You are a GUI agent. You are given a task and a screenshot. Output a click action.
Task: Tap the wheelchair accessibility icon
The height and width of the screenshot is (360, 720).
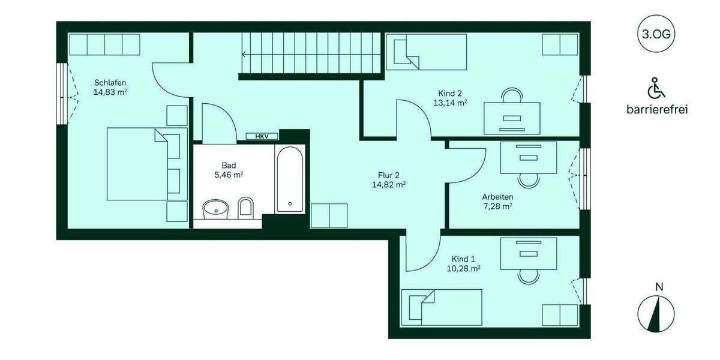tap(656, 88)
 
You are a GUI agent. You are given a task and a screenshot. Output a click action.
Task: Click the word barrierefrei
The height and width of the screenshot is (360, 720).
tap(656, 110)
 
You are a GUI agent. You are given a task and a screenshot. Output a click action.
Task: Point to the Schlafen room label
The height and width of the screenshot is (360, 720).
tap(110, 83)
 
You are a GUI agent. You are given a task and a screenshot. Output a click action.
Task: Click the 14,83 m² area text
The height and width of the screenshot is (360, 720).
tap(110, 92)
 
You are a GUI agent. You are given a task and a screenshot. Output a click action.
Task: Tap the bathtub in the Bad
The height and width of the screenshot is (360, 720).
tap(290, 179)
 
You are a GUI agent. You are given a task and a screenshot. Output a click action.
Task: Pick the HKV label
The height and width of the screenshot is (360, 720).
tap(262, 136)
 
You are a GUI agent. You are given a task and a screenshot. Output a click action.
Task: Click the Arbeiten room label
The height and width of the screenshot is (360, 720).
tap(497, 196)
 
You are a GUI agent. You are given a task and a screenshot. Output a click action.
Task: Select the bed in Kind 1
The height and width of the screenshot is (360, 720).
tap(442, 307)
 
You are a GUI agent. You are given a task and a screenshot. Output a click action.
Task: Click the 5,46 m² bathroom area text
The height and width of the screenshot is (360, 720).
tap(229, 175)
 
